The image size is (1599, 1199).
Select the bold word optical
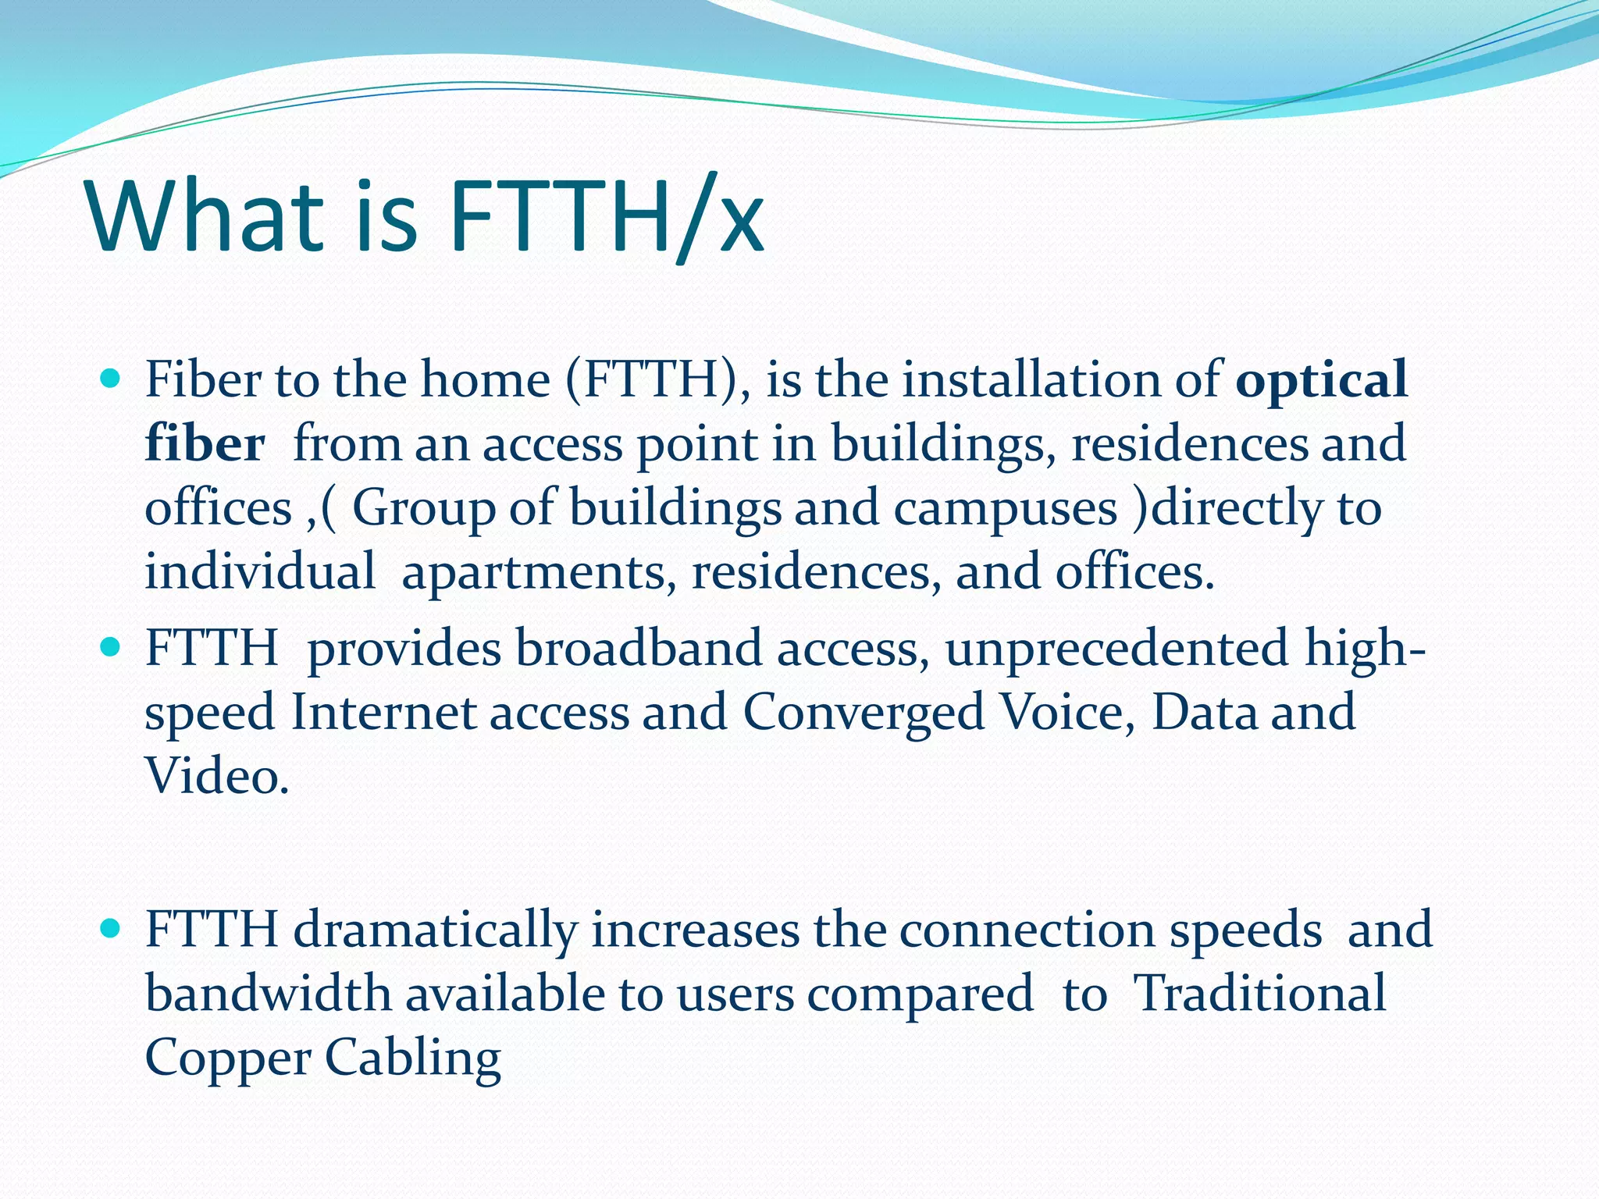point(1322,380)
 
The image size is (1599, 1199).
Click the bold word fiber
point(205,444)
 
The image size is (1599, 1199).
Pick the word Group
point(424,508)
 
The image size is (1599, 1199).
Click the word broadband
point(639,649)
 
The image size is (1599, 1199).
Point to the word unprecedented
point(1116,649)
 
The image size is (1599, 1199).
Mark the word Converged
point(864,713)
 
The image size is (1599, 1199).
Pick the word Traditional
point(1259,994)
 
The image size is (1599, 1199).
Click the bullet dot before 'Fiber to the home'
point(111,380)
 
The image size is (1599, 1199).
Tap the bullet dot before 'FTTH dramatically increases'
point(111,928)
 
